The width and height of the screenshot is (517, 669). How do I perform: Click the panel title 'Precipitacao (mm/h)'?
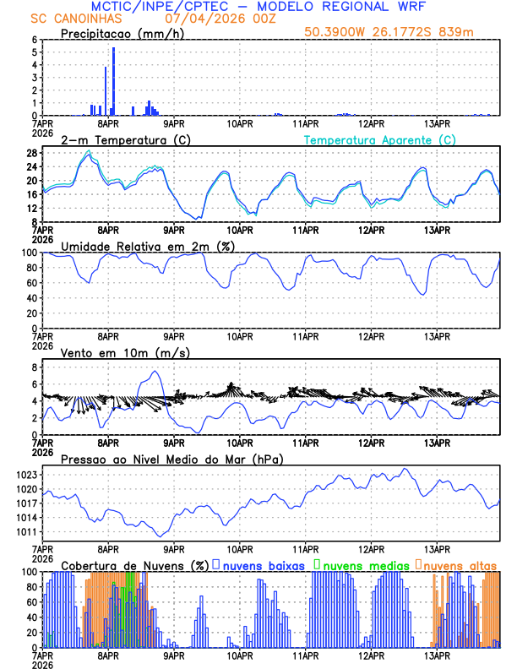click(121, 34)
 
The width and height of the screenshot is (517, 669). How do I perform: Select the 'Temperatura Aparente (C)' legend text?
click(379, 139)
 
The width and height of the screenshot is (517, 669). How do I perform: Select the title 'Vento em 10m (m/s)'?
click(125, 352)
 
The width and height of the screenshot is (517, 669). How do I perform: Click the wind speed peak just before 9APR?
click(155, 372)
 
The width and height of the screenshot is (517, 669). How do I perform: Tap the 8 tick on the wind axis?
click(34, 367)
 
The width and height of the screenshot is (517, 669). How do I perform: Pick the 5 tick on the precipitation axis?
click(34, 52)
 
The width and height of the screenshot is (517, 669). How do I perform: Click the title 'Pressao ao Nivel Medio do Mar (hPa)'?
click(171, 460)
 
